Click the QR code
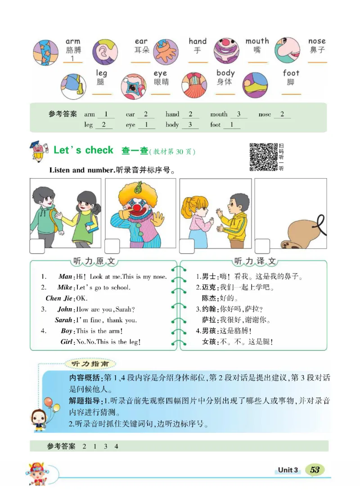point(263,157)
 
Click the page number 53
point(315,470)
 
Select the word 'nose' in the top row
point(317,41)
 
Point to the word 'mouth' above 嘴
point(257,41)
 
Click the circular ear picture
point(105,52)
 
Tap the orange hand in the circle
point(166,52)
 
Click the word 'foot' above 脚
point(291,73)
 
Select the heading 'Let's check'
point(83,150)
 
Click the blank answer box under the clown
point(112,246)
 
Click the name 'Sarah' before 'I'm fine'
point(63,320)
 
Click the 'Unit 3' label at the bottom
point(288,470)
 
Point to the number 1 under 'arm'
point(72,59)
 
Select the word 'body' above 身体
point(225,73)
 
